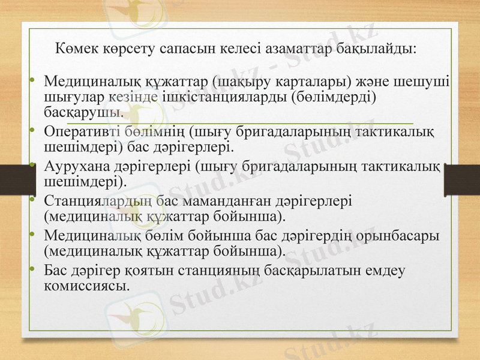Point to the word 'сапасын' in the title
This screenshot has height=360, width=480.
(189, 47)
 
